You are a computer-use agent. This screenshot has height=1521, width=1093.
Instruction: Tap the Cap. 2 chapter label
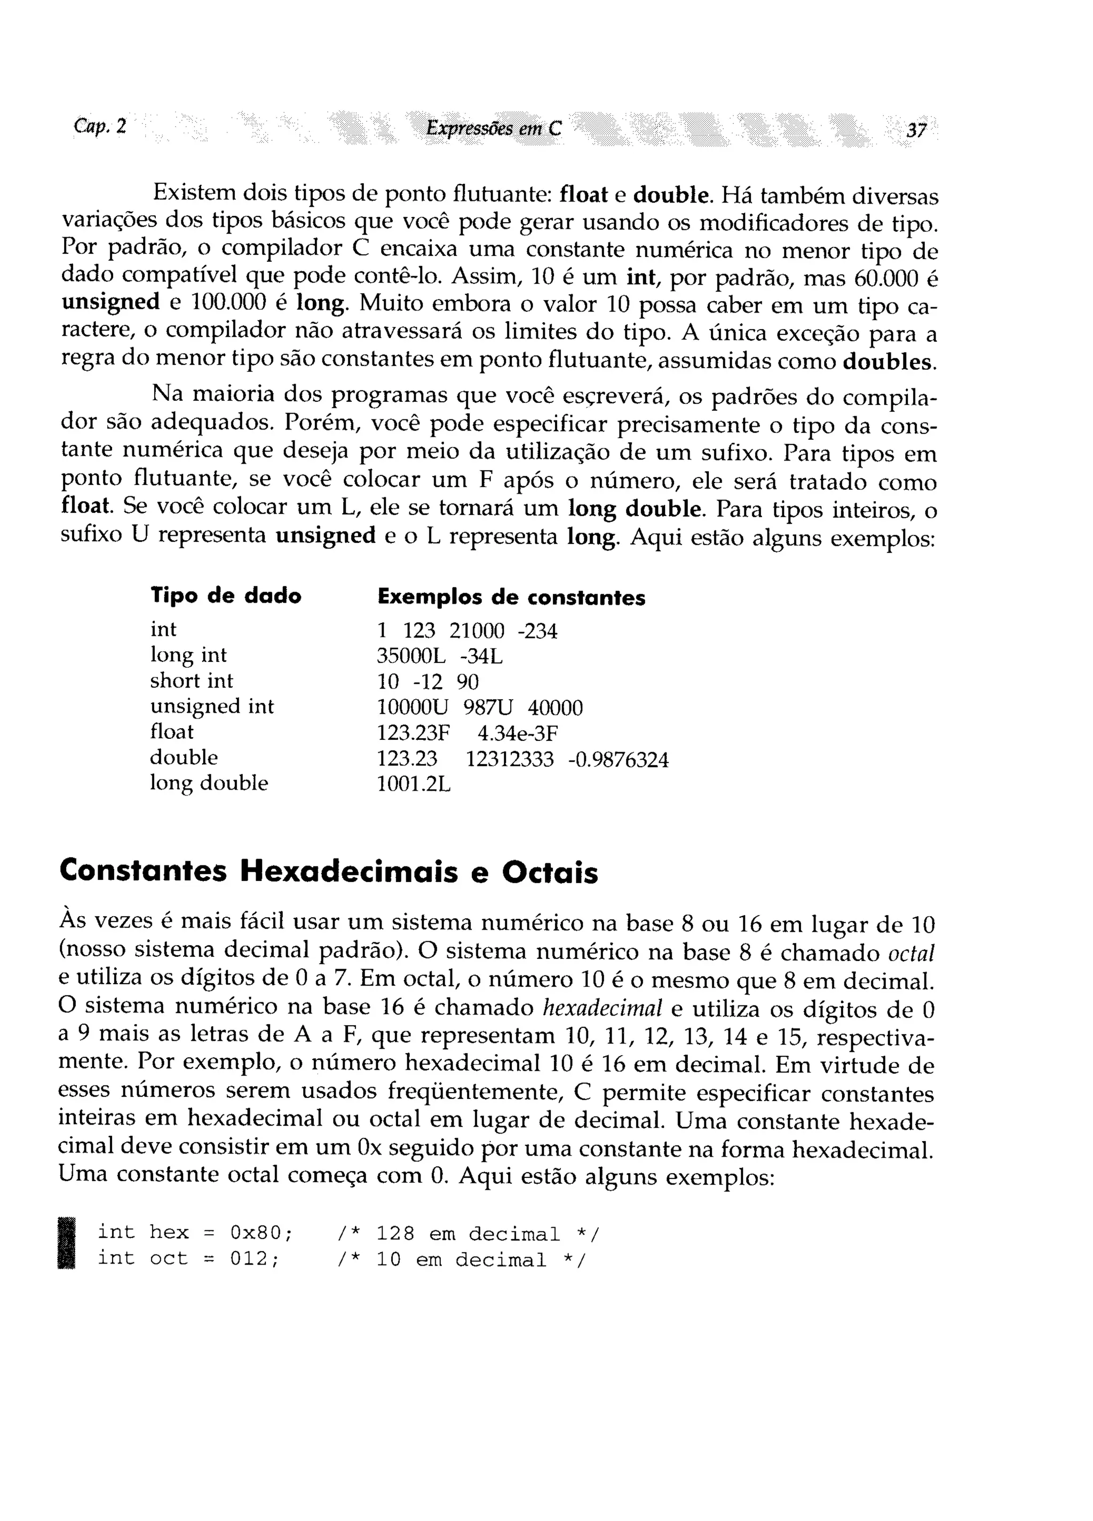100,126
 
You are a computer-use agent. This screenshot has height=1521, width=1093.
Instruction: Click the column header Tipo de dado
226,596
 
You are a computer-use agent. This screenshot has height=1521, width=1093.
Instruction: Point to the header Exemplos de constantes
511,597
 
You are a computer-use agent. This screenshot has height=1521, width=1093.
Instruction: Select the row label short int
192,681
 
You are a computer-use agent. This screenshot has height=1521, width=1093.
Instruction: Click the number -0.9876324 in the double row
618,759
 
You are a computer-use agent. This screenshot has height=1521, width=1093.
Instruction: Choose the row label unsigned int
212,706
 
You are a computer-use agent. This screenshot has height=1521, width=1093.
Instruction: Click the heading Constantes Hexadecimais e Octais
328,872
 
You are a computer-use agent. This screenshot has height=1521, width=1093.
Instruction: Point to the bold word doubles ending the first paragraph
888,362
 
